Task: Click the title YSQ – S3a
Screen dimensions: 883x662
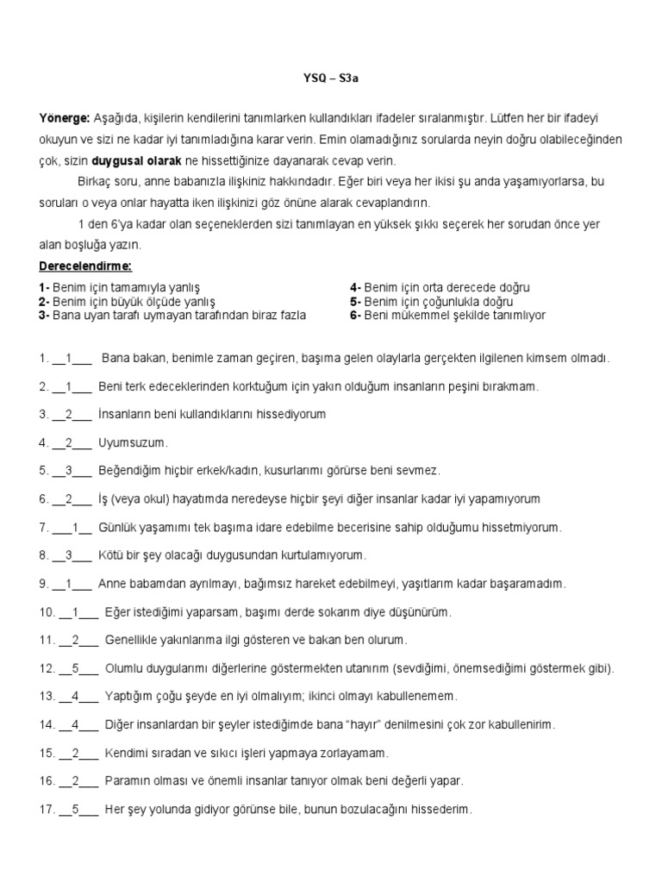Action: [x=330, y=78]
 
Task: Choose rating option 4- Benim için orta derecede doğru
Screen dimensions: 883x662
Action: [x=440, y=287]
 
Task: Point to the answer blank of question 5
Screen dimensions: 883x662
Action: [x=72, y=471]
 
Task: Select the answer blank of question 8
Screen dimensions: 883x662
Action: [x=72, y=555]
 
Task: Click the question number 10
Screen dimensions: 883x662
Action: [x=46, y=611]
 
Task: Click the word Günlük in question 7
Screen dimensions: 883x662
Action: [x=117, y=527]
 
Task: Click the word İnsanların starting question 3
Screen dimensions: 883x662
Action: [x=131, y=414]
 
